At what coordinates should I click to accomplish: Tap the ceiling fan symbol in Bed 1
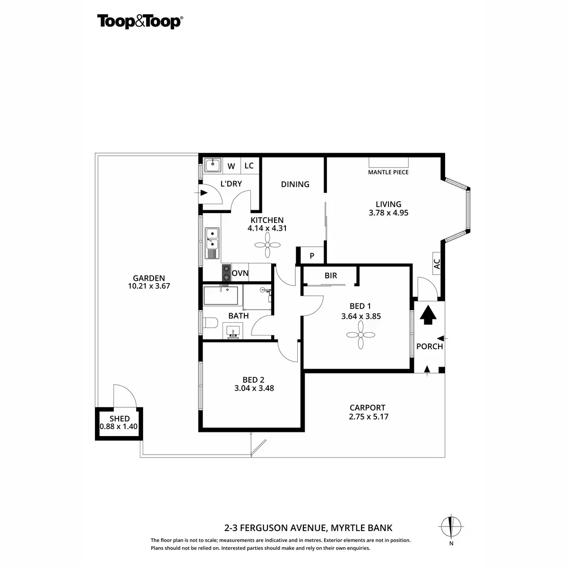[361, 335]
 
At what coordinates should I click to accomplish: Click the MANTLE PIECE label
[388, 172]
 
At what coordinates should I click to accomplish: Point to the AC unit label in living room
[437, 264]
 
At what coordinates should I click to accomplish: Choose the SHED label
[119, 419]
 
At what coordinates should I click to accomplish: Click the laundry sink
[213, 166]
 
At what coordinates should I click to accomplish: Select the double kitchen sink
[211, 239]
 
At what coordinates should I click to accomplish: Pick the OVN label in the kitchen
[240, 274]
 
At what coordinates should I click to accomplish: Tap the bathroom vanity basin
[233, 330]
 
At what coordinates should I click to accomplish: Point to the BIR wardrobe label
[331, 275]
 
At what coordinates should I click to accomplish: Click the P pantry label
[312, 256]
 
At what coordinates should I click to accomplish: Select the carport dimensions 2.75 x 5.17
[368, 417]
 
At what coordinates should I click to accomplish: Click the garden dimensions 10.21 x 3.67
[149, 286]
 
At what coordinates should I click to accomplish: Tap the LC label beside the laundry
[249, 166]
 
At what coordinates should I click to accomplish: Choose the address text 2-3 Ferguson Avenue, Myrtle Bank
[308, 528]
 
